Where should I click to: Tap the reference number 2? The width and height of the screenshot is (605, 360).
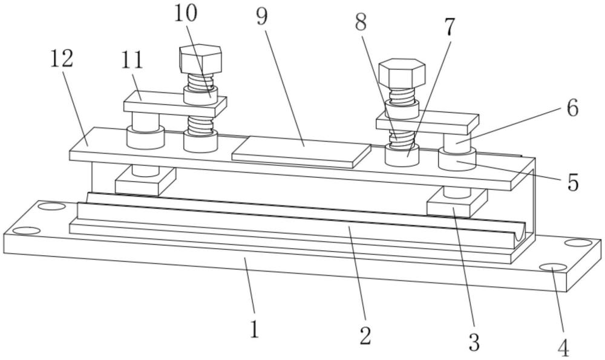(x=365, y=336)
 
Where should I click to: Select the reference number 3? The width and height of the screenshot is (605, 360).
(x=474, y=342)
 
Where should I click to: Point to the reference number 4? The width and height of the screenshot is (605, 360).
(x=564, y=348)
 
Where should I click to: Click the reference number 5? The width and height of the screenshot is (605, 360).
(x=574, y=183)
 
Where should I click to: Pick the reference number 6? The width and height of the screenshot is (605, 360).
(x=572, y=108)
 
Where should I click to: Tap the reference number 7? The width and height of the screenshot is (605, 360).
(x=449, y=27)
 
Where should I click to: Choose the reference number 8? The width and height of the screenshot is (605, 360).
(x=361, y=22)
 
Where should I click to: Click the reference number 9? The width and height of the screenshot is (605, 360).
(x=262, y=17)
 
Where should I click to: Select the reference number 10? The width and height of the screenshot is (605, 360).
(x=186, y=14)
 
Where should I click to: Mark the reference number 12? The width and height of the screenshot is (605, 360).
(x=62, y=59)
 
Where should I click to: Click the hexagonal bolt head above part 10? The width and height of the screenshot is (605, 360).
(x=201, y=59)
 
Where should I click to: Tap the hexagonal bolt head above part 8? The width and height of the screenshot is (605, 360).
(x=402, y=73)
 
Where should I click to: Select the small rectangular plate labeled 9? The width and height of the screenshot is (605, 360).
(x=301, y=152)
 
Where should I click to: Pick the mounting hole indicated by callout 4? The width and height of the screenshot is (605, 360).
(x=554, y=268)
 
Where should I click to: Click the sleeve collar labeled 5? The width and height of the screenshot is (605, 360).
(x=457, y=159)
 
